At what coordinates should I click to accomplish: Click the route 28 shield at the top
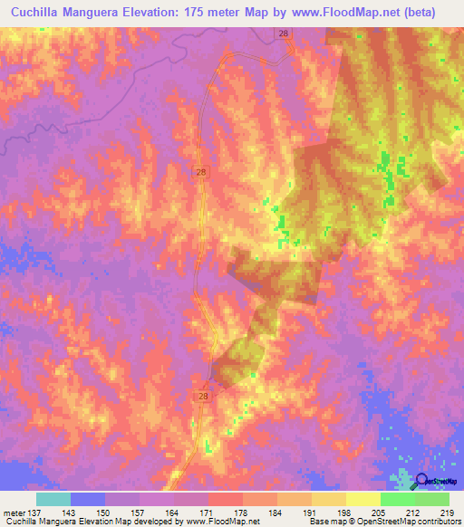coord(284,34)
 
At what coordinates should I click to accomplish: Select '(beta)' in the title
coord(416,13)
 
